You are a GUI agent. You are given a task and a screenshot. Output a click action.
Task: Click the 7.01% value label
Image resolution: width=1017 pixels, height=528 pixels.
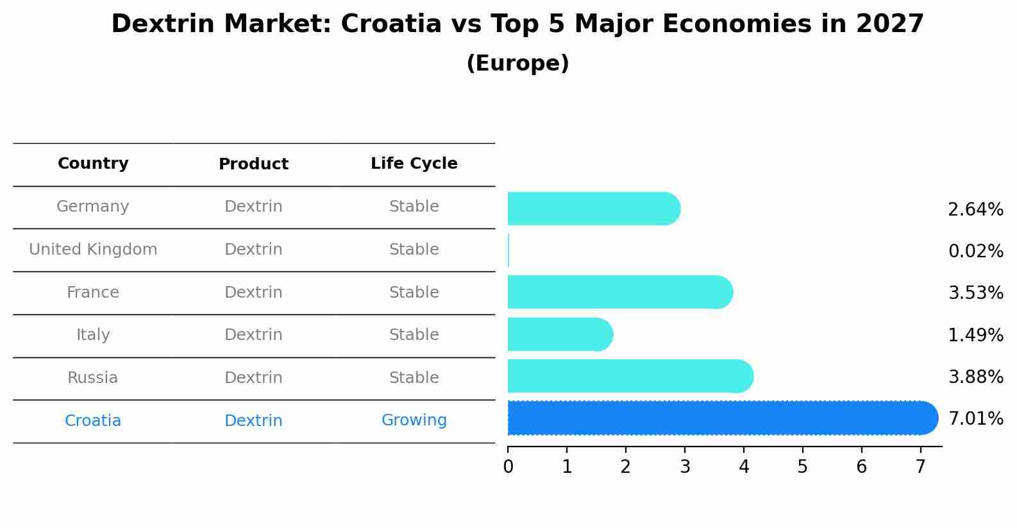975,419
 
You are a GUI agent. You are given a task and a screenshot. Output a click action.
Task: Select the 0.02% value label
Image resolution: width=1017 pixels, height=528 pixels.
975,251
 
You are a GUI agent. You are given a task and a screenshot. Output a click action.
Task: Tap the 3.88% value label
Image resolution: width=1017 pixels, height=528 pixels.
975,377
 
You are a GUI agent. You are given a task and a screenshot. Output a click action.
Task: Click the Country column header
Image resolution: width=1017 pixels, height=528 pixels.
93,164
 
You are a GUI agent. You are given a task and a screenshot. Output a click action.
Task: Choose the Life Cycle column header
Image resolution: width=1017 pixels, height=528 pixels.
414,164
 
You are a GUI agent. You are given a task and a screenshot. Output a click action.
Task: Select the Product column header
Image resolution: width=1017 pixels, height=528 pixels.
253,164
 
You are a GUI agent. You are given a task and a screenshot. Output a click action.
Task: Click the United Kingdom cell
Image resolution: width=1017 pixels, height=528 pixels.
93,250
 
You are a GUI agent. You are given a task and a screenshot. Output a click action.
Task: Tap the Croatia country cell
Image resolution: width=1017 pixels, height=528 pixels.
93,421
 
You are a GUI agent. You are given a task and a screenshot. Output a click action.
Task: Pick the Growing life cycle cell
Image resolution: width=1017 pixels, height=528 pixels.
414,420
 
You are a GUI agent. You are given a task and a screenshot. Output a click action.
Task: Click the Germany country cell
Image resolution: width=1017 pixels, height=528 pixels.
93,207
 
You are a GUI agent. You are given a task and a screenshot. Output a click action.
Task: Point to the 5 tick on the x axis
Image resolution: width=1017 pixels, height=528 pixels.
802,466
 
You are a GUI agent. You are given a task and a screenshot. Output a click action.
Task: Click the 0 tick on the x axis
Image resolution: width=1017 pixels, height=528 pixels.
508,466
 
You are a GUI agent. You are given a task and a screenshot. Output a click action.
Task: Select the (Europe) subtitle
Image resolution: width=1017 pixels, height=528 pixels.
517,64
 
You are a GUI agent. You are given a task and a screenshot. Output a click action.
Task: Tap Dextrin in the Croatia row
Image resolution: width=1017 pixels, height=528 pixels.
253,421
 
